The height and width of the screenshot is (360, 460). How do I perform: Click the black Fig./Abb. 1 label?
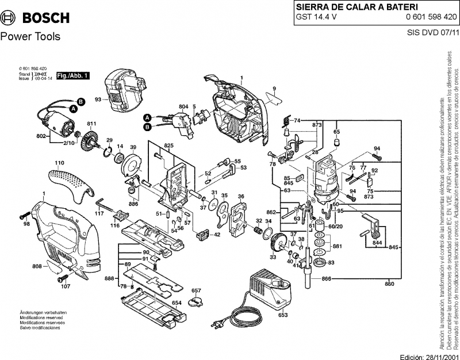pos(72,76)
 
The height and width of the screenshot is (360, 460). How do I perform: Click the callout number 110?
pos(59,163)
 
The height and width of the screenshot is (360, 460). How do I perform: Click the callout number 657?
pos(196,290)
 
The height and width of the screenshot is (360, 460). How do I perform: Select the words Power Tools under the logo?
pos(30,37)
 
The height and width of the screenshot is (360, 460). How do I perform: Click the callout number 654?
pos(177,302)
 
